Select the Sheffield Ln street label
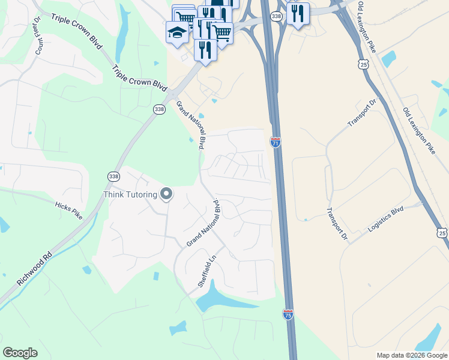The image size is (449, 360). click(x=206, y=271)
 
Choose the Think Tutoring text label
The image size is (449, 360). click(x=130, y=194)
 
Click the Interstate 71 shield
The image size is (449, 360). click(x=276, y=142)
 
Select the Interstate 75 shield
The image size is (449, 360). click(x=288, y=314)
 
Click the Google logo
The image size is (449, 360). click(x=20, y=353)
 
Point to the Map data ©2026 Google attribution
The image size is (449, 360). click(x=412, y=355)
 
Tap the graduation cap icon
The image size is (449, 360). click(x=177, y=32)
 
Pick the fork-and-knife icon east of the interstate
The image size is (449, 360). click(x=298, y=13)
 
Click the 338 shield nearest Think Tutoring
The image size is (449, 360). click(x=113, y=176)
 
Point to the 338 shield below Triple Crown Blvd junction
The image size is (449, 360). click(x=158, y=109)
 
